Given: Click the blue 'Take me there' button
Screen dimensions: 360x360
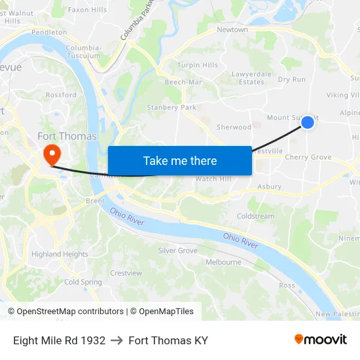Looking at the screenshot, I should pyautogui.click(x=180, y=161).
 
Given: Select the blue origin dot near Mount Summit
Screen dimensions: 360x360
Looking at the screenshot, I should pyautogui.click(x=308, y=122).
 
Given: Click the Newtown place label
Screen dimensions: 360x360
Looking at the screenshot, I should pyautogui.click(x=232, y=29).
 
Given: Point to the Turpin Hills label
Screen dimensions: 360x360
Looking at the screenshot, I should pyautogui.click(x=198, y=65).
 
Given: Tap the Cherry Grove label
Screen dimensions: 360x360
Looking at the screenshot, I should pyautogui.click(x=308, y=157).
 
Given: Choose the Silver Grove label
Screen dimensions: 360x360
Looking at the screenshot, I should pyautogui.click(x=177, y=251).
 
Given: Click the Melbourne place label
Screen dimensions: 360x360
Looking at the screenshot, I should pyautogui.click(x=223, y=262).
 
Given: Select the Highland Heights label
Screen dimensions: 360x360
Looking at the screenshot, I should pyautogui.click(x=60, y=254).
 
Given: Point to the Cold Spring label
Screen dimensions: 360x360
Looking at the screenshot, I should pyautogui.click(x=83, y=282).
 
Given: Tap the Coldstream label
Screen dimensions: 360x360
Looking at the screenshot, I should pyautogui.click(x=255, y=217).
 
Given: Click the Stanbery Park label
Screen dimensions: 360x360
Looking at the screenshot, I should pyautogui.click(x=171, y=107).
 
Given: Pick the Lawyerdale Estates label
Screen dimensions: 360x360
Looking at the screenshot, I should pyautogui.click(x=251, y=78).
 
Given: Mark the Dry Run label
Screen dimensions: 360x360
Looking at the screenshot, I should pyautogui.click(x=292, y=80).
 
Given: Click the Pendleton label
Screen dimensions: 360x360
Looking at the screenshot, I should pyautogui.click(x=49, y=32).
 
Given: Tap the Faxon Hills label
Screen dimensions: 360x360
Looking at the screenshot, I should pyautogui.click(x=87, y=10).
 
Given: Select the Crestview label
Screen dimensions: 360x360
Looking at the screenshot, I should pyautogui.click(x=126, y=273).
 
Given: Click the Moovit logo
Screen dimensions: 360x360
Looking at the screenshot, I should pyautogui.click(x=321, y=339).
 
